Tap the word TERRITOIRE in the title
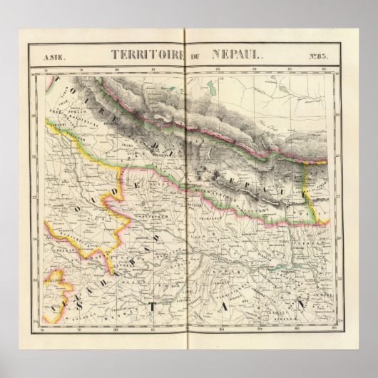(x=138, y=53)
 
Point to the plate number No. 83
(x=320, y=54)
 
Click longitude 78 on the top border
(x=46, y=70)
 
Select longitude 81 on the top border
(x=153, y=70)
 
